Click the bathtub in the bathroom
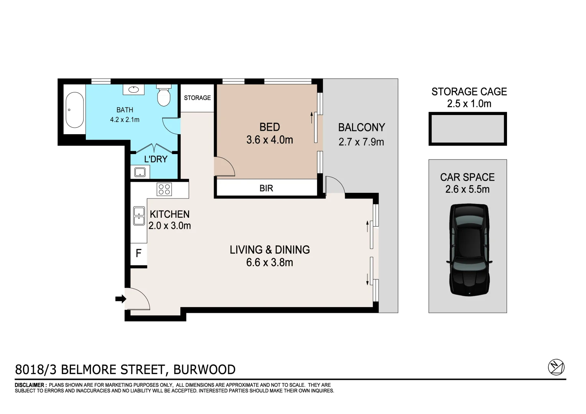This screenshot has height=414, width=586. click(74, 110)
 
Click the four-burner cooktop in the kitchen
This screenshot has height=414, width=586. click(165, 189)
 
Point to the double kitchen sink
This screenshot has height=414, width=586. click(138, 216)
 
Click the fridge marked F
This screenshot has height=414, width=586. click(139, 253)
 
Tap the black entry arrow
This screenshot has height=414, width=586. click(121, 299)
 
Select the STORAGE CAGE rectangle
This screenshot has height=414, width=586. click(467, 129)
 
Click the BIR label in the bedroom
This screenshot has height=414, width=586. click(266, 188)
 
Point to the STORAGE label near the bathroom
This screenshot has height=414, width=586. click(197, 98)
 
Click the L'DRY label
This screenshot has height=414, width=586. click(156, 159)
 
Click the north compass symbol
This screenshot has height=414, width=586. click(556, 367)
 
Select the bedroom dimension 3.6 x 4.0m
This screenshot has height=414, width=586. click(270, 140)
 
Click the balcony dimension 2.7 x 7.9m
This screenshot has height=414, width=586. click(361, 142)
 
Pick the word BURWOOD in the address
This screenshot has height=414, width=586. click(204, 370)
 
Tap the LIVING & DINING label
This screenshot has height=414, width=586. click(270, 250)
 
